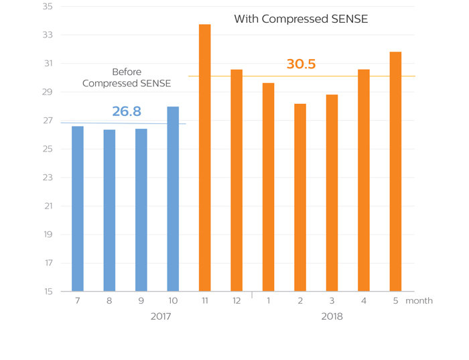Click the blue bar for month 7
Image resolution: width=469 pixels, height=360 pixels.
pyautogui.click(x=78, y=208)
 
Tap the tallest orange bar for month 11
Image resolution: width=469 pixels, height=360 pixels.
pyautogui.click(x=205, y=158)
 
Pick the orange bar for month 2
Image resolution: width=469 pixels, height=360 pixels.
pyautogui.click(x=300, y=198)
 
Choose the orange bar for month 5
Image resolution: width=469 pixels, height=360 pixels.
pyautogui.click(x=395, y=172)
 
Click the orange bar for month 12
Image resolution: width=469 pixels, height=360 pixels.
pyautogui.click(x=237, y=180)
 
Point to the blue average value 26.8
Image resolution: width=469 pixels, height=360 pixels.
pyautogui.click(x=127, y=111)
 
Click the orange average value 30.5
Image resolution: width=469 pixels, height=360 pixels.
pyautogui.click(x=301, y=64)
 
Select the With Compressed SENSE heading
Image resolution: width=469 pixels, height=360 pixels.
pyautogui.click(x=301, y=19)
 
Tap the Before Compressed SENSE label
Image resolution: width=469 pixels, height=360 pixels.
pyautogui.click(x=127, y=78)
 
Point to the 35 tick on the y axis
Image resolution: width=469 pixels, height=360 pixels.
pyautogui.click(x=47, y=7)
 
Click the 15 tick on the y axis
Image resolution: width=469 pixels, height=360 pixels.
pyautogui.click(x=47, y=292)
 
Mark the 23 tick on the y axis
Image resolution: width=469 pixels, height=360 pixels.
pyautogui.click(x=47, y=178)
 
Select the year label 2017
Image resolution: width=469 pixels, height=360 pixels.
pyautogui.click(x=160, y=316)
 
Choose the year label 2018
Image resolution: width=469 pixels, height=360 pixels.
pyautogui.click(x=332, y=316)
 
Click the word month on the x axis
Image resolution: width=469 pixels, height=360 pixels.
pyautogui.click(x=419, y=301)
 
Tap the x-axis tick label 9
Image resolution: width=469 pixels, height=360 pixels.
pyautogui.click(x=141, y=301)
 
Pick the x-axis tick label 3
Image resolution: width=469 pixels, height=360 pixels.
pyautogui.click(x=332, y=301)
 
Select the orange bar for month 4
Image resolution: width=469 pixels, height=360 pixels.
pyautogui.click(x=364, y=180)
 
